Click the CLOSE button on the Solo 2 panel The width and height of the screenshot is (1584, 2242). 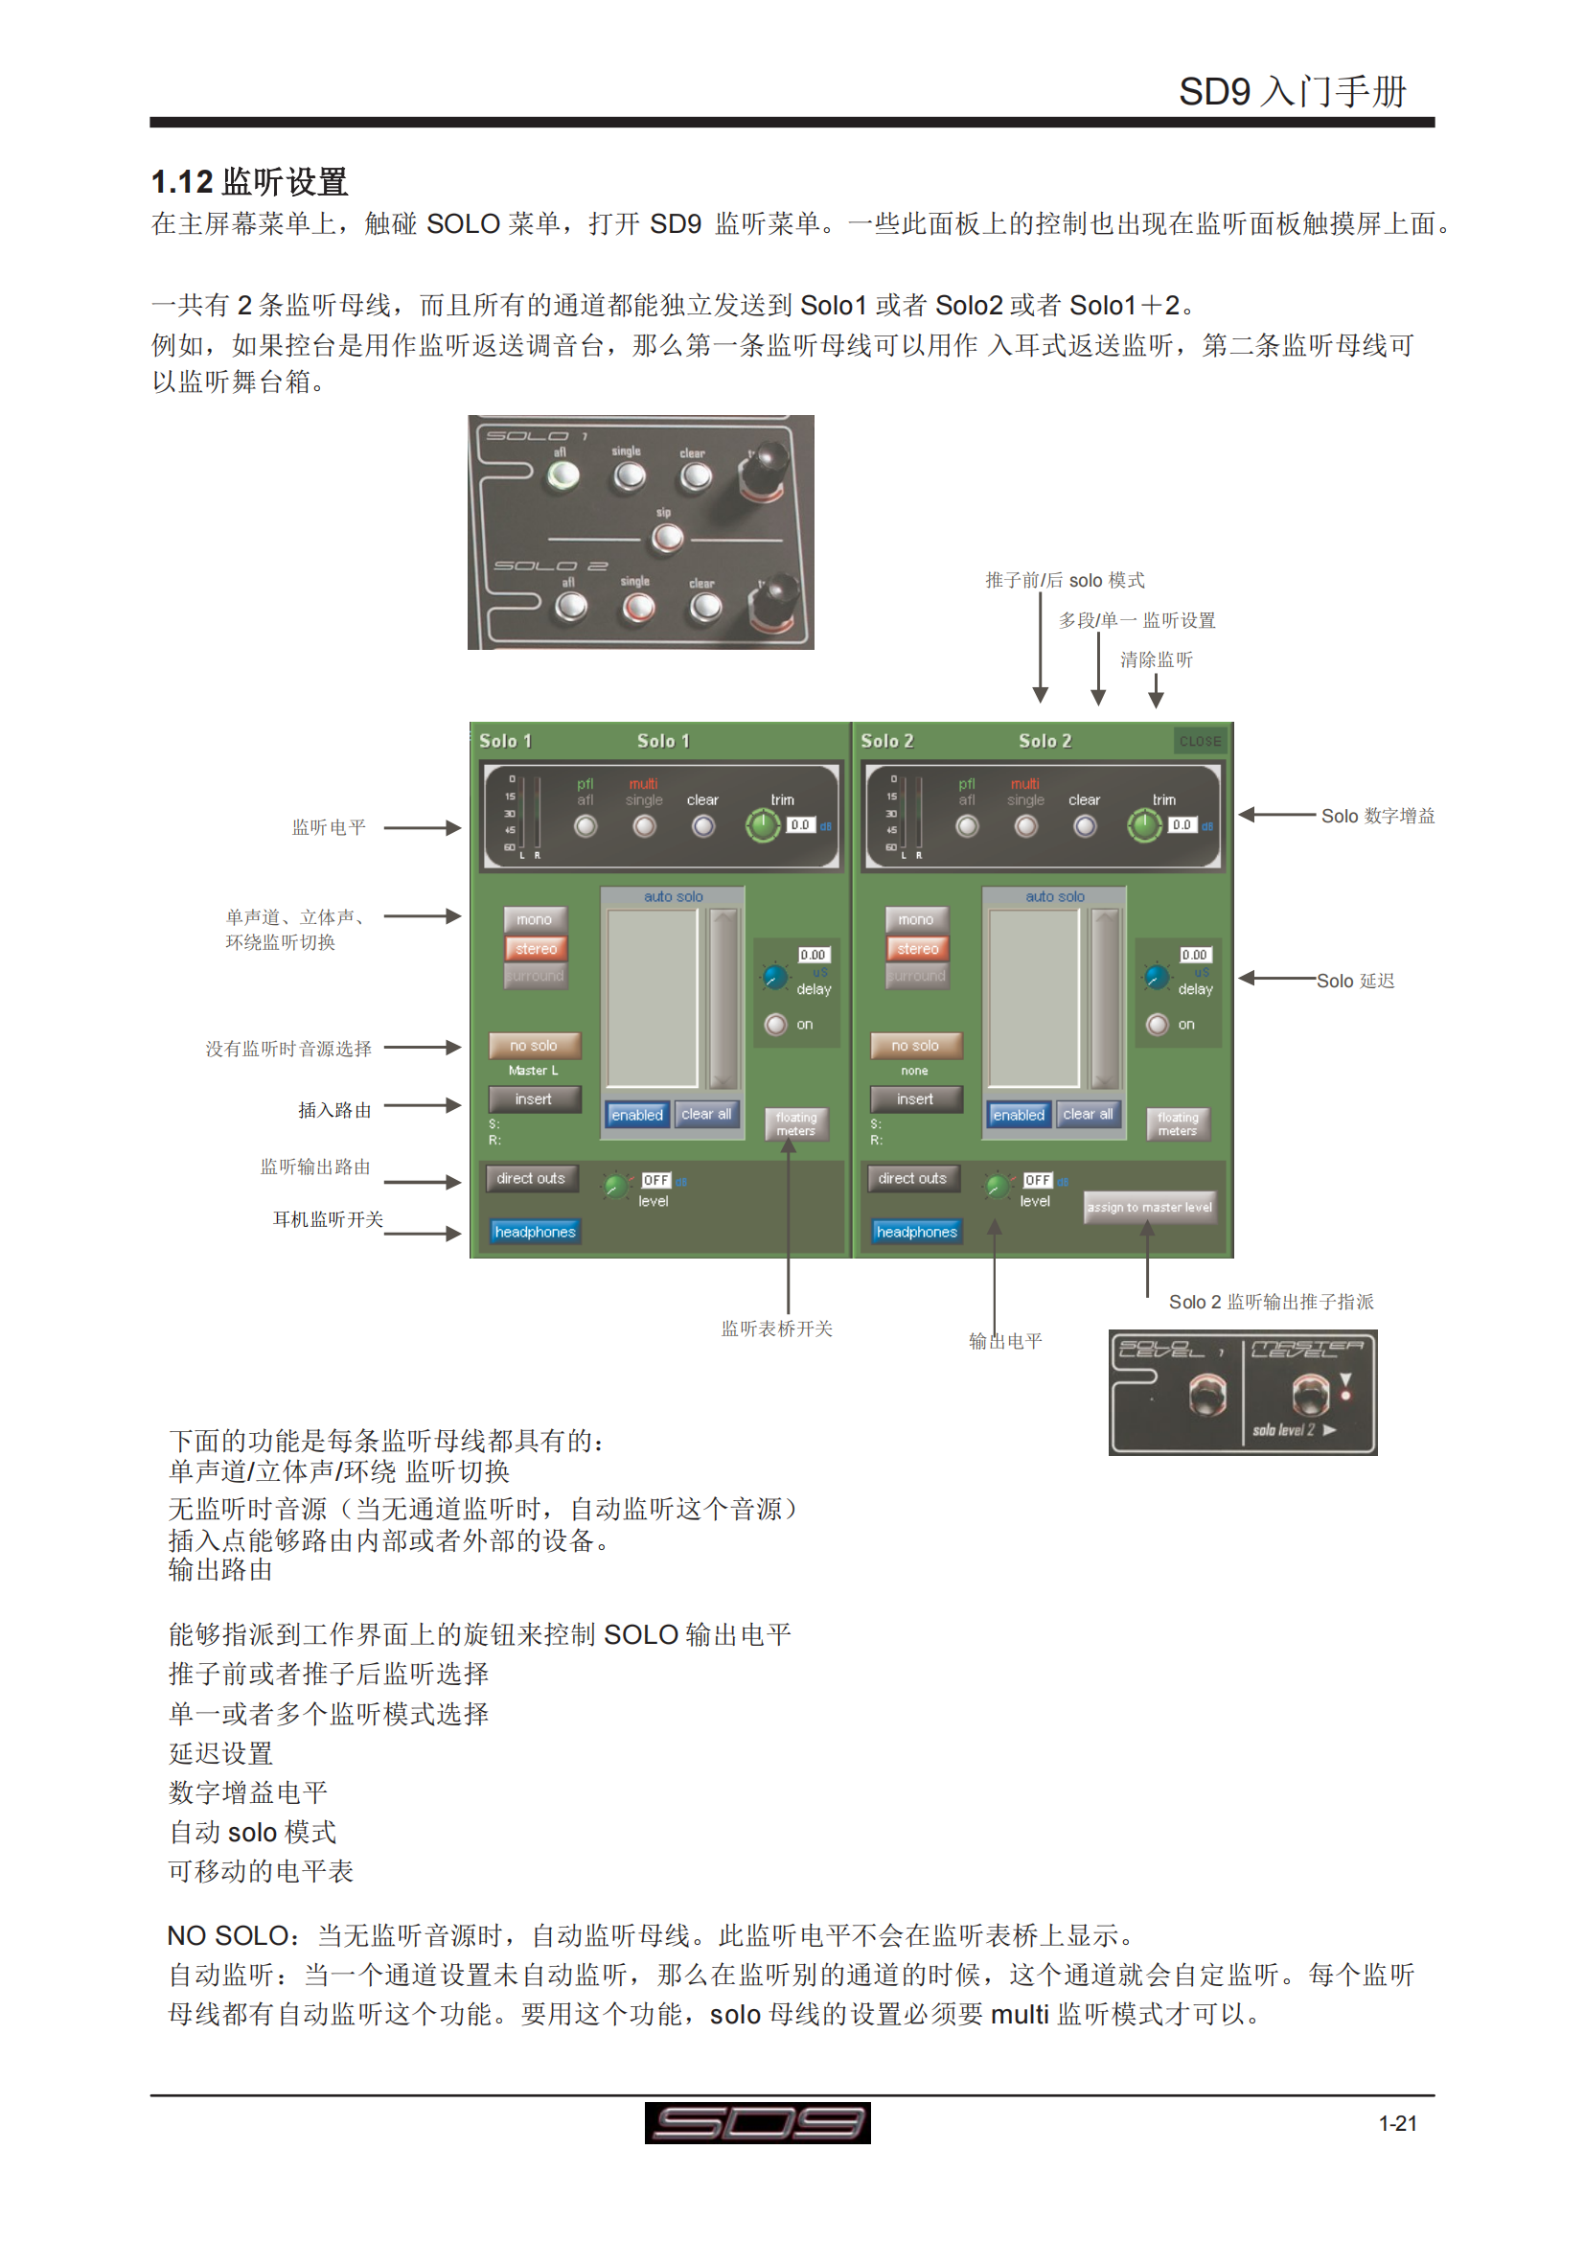[1200, 741]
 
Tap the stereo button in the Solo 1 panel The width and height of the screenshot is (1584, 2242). [536, 948]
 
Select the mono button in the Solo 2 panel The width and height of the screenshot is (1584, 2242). [915, 919]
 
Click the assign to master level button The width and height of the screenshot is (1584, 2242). [1150, 1207]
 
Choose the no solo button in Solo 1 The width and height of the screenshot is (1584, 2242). [534, 1045]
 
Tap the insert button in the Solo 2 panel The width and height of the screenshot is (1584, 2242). [915, 1098]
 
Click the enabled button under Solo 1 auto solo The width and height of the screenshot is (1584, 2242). [636, 1114]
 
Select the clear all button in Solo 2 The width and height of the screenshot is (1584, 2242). [1088, 1114]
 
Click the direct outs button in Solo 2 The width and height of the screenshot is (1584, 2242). [911, 1179]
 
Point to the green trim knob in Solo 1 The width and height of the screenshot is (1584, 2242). [762, 826]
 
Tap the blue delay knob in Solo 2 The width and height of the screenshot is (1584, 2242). [1157, 977]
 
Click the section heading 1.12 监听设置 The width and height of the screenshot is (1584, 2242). [250, 181]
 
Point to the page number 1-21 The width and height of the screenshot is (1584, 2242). [1396, 2123]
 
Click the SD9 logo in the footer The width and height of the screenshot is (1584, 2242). [757, 2123]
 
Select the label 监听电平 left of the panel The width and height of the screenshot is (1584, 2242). [329, 828]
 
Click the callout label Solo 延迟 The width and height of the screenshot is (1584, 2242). [1355, 981]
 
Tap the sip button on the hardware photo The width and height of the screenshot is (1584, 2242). [668, 537]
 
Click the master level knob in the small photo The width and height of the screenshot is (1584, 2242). [1309, 1394]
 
